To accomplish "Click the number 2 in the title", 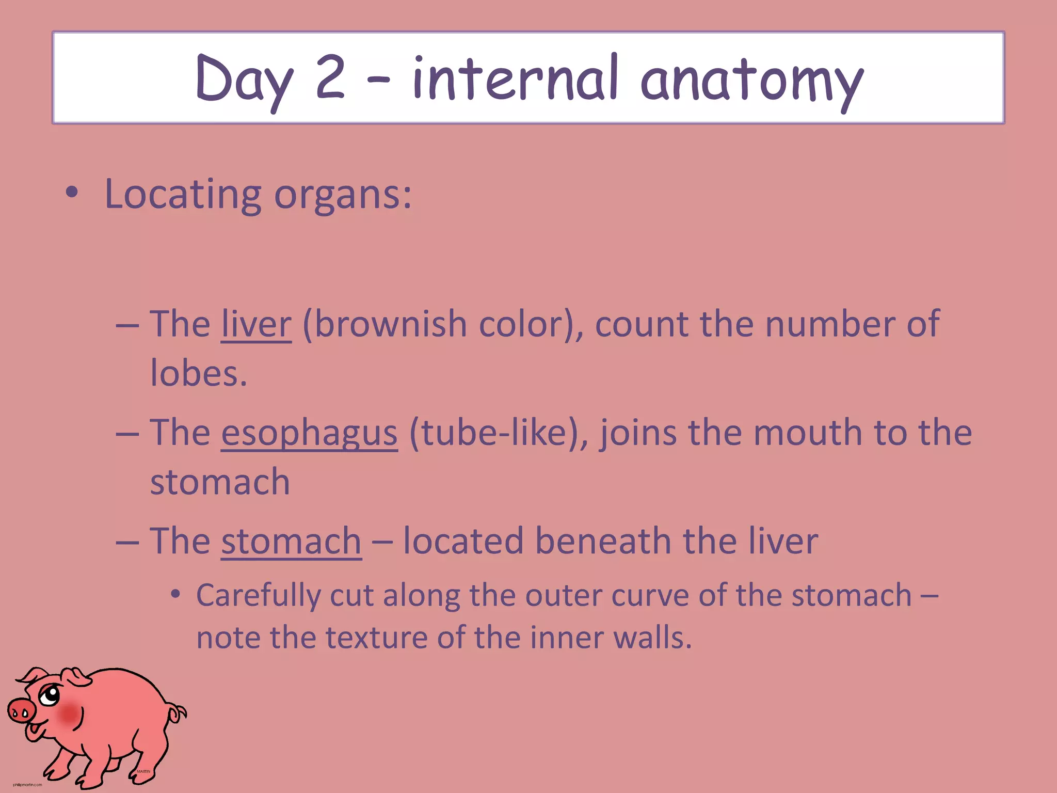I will pos(330,77).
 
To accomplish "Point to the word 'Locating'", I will pos(183,195).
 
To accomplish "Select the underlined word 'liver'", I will pos(256,324).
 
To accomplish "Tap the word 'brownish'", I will pos(390,324).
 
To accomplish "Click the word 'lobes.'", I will pos(199,373).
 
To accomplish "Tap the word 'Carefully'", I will pos(258,596).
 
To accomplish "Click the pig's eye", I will pos(50,695).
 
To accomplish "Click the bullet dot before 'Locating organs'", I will pos(72,193).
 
